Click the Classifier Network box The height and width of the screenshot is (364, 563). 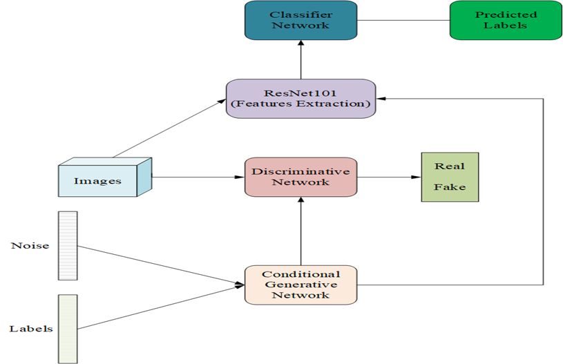300,19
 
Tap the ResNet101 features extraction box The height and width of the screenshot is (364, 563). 300,97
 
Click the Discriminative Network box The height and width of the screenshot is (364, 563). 300,177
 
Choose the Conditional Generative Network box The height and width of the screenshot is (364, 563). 300,284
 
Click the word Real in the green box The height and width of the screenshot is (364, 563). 449,166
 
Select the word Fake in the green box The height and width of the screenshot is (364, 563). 449,187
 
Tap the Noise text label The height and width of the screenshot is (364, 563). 30,245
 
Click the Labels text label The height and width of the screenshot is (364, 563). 31,328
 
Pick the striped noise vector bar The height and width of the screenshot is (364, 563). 68,245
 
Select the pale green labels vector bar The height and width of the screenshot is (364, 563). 68,328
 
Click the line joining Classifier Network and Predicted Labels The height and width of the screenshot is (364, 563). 403,19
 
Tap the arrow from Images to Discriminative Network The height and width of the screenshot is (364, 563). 198,178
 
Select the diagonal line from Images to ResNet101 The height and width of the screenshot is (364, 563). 169,127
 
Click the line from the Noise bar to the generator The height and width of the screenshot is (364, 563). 159,265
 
